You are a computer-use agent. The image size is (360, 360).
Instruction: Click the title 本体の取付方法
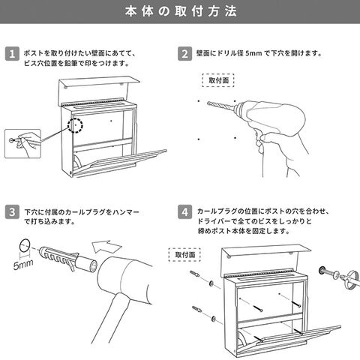[181, 11]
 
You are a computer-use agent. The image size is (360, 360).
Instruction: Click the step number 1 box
[12, 54]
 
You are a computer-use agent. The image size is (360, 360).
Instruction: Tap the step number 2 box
[184, 54]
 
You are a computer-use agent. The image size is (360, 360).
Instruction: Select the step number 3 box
[12, 212]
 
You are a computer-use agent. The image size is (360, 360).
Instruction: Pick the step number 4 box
[184, 212]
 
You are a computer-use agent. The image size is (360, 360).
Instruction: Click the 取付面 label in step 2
[218, 80]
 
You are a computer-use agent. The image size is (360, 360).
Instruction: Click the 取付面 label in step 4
[184, 255]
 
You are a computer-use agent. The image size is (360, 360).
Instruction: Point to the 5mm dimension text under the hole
[23, 265]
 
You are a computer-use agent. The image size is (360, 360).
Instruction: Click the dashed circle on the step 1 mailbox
[76, 125]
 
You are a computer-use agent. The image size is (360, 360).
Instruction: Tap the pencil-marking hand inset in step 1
[22, 143]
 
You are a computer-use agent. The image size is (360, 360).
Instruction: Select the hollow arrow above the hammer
[106, 247]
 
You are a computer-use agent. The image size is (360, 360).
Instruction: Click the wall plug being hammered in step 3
[68, 259]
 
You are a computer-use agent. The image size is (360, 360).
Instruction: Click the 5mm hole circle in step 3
[25, 245]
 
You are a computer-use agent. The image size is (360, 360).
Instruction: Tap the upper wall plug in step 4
[194, 274]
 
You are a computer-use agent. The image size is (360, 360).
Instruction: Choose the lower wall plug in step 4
[196, 310]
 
